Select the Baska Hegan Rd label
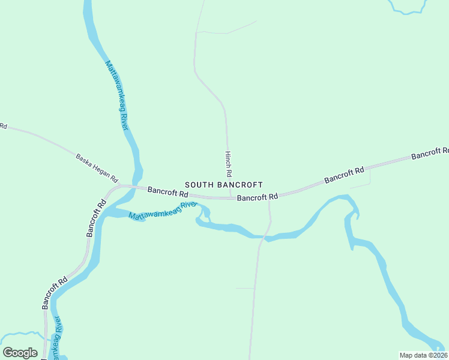(97, 168)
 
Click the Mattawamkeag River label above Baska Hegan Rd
(117, 94)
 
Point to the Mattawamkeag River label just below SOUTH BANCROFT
(162, 211)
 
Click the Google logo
(20, 353)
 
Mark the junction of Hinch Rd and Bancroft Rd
(231, 197)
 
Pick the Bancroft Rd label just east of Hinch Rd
(258, 197)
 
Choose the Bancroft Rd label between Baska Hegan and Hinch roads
(168, 193)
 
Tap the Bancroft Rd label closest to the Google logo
(54, 293)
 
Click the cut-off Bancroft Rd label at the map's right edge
(430, 153)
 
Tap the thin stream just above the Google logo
(21, 334)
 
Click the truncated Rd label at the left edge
(3, 127)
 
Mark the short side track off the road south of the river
(245, 289)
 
